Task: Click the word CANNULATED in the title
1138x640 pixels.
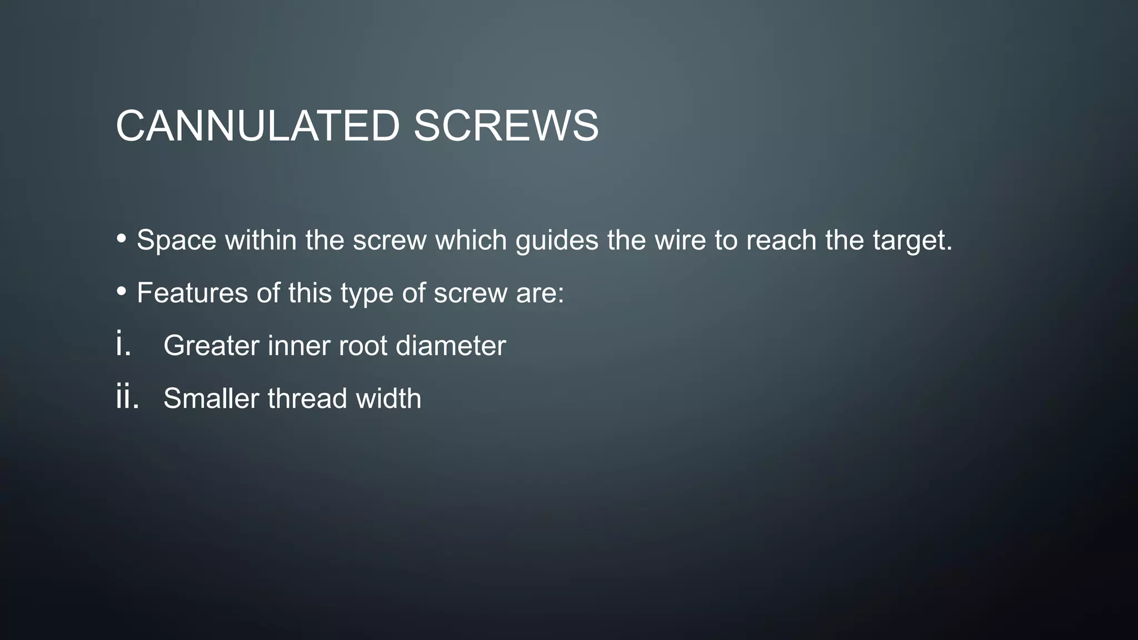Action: (257, 126)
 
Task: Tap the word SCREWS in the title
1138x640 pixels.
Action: (506, 126)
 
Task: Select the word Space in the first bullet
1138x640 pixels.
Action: (176, 241)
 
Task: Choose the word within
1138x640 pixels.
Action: (260, 241)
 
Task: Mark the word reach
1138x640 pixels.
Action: (781, 241)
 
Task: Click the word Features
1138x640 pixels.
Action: (192, 293)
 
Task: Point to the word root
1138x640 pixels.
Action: (362, 346)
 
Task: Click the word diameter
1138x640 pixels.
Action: (451, 346)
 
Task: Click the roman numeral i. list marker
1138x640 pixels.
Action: (123, 343)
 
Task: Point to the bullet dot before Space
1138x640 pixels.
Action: (122, 238)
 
